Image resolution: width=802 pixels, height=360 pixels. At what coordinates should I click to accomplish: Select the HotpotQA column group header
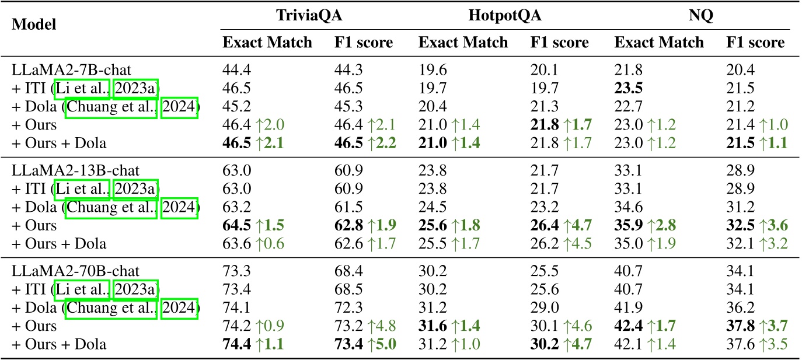coord(505,16)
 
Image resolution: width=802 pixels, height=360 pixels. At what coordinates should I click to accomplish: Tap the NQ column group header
coord(700,16)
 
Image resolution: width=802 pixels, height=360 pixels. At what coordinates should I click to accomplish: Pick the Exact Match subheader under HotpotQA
coord(463,42)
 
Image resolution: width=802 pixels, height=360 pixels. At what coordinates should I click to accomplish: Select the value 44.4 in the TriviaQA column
coord(233,71)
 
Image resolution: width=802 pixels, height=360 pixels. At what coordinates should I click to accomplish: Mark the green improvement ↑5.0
coord(383,344)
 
